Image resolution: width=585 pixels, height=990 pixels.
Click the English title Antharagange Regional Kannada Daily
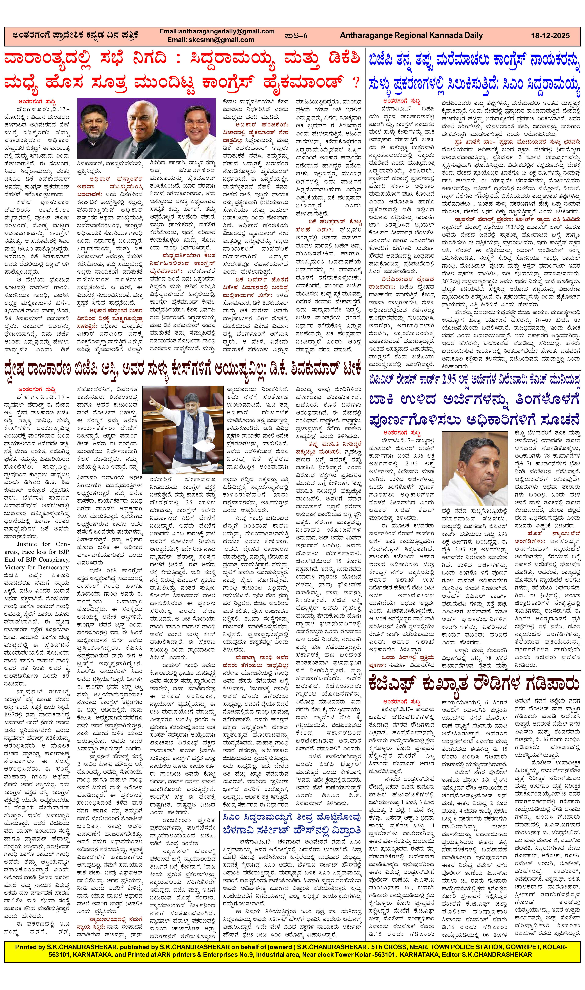(x=411, y=36)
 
